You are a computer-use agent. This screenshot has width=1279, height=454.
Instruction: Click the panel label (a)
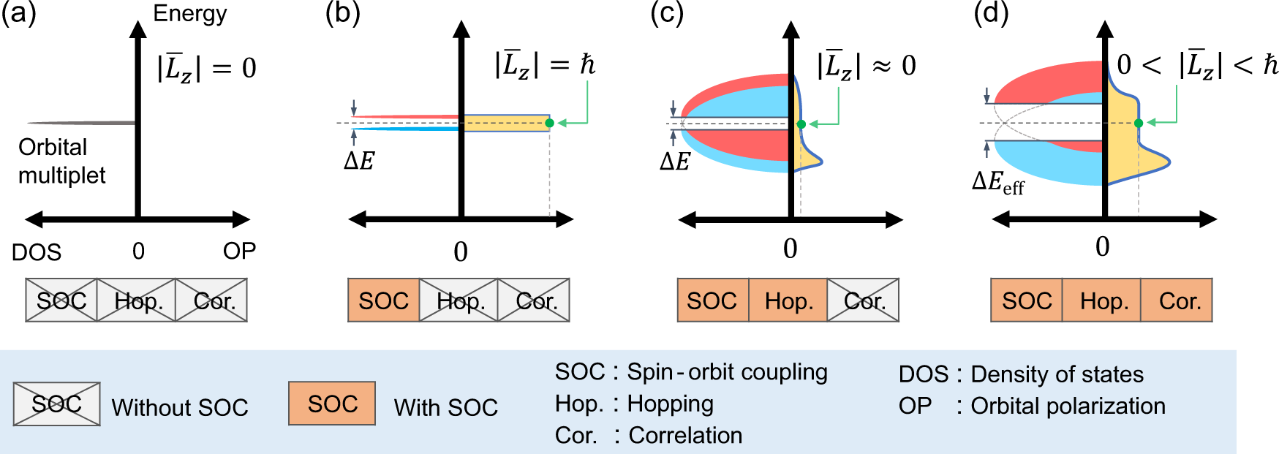click(18, 14)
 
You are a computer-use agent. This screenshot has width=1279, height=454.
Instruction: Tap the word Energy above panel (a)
click(189, 13)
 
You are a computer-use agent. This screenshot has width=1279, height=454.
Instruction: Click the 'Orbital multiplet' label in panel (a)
click(61, 161)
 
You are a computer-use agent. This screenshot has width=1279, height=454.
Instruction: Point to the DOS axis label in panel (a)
click(36, 252)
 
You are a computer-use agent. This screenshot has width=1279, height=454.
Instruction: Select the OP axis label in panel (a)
click(239, 251)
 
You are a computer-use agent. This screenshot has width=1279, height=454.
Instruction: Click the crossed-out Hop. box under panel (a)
click(137, 300)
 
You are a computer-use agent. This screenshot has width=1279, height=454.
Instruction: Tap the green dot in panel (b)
click(549, 123)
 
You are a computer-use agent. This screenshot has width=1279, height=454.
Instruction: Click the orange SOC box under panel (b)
click(384, 300)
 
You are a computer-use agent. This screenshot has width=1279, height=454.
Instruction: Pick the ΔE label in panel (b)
click(359, 162)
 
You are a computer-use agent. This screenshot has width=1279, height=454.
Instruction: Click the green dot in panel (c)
click(801, 124)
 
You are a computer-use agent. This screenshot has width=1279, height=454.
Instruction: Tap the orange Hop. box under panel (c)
click(788, 300)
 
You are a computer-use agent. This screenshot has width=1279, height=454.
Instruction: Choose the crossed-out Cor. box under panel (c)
click(864, 300)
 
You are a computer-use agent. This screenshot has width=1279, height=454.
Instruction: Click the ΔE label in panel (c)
click(674, 162)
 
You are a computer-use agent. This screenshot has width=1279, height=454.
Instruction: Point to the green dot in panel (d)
click(1138, 123)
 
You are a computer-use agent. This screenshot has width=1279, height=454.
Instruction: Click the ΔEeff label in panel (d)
click(997, 182)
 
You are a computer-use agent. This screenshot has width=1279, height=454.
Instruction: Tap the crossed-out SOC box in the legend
click(56, 404)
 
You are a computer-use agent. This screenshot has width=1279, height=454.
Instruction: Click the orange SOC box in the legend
click(332, 404)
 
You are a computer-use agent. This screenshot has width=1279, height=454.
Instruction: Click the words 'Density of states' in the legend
click(1057, 374)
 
